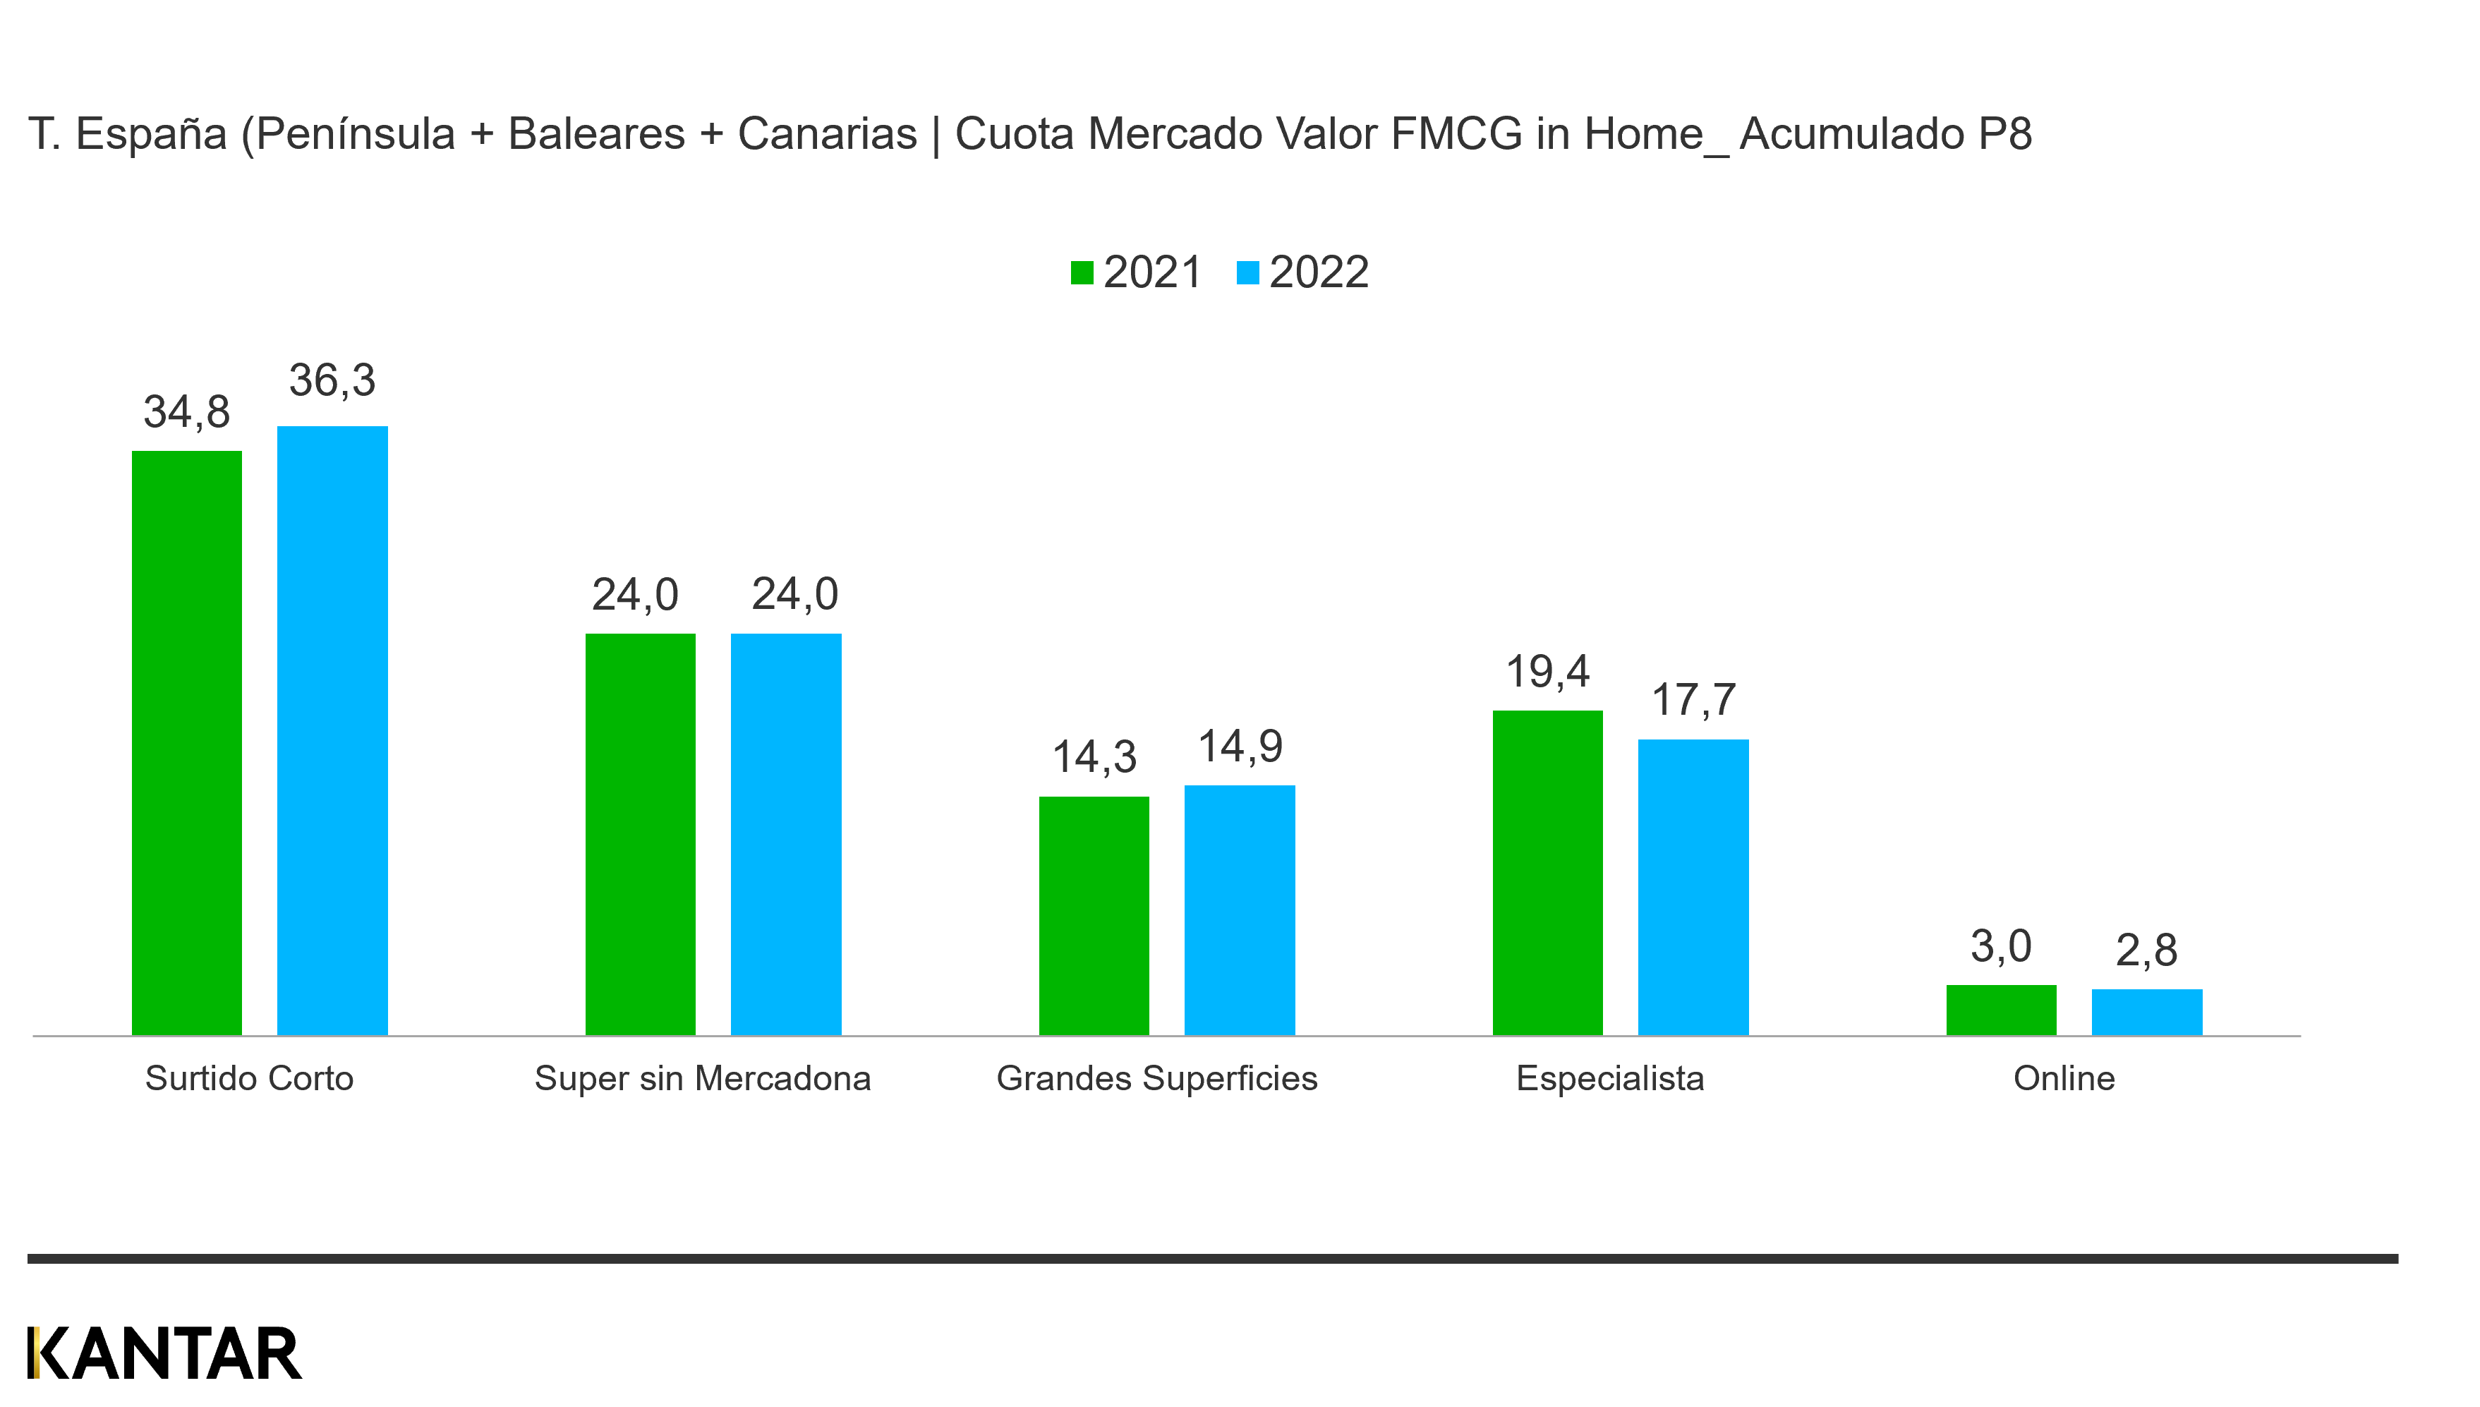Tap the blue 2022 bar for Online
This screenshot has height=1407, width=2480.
(2147, 1012)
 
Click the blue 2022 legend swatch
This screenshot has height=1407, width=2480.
(1247, 274)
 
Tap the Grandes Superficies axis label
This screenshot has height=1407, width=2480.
(1156, 1078)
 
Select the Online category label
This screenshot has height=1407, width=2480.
(2064, 1078)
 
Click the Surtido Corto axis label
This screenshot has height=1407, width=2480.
(249, 1078)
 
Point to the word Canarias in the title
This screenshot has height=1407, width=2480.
(827, 134)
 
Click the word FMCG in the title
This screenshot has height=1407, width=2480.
(1456, 134)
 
